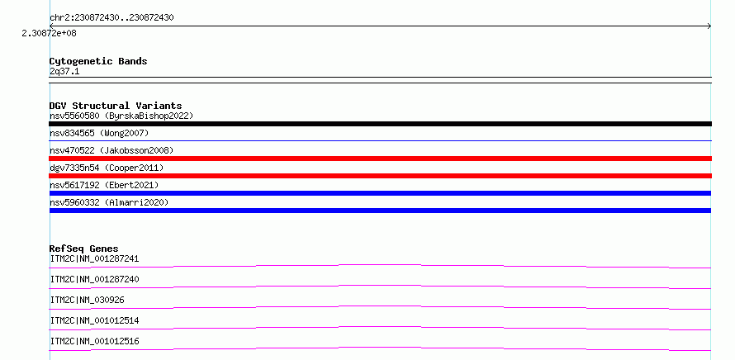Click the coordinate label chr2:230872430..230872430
[111, 18]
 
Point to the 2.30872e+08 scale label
[49, 33]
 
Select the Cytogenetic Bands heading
[98, 61]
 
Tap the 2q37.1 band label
[64, 71]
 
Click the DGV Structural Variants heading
[116, 106]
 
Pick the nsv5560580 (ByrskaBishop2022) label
[121, 116]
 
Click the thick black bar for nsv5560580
[380, 124]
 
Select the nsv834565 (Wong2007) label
[99, 133]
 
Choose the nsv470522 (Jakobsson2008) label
[111, 150]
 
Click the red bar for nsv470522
[380, 159]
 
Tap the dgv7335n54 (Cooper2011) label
[107, 168]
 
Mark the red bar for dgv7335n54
[380, 176]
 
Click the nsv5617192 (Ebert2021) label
[104, 185]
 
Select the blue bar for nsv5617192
[380, 193]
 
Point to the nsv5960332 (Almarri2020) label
[109, 202]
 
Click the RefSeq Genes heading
[84, 249]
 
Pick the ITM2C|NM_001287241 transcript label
[94, 258]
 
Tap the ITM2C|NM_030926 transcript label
[88, 300]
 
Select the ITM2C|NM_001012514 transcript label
[94, 320]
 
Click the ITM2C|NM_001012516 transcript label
[94, 341]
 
